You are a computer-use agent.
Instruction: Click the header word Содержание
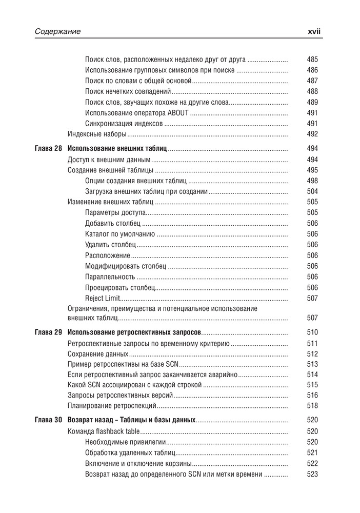coord(58,32)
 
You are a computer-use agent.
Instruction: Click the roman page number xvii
coord(314,32)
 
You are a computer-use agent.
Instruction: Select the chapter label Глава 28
coord(48,149)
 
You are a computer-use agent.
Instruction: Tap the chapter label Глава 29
coord(48,332)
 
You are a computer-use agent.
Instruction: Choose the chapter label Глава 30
coord(48,420)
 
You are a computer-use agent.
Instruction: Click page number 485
coord(312,60)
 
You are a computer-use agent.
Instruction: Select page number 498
coord(312,181)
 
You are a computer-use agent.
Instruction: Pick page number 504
coord(312,191)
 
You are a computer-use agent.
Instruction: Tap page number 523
coord(312,474)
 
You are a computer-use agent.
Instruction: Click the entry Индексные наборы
coord(97,134)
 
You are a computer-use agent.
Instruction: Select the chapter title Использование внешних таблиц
coord(117,149)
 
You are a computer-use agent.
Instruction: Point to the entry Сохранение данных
coord(97,354)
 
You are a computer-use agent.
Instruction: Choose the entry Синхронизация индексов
coord(124,124)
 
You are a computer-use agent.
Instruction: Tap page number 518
coord(312,405)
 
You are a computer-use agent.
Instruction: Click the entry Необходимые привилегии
coord(126,442)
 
